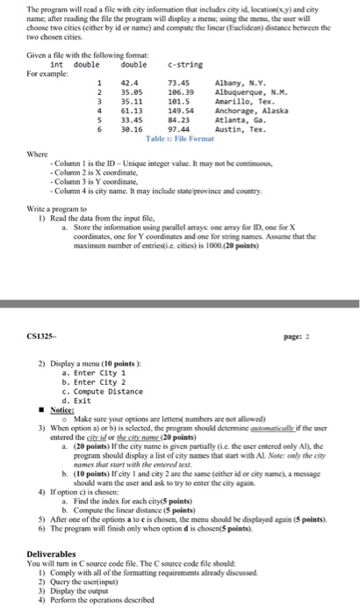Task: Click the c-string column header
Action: click(x=179, y=63)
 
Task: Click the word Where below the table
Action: click(x=39, y=152)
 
